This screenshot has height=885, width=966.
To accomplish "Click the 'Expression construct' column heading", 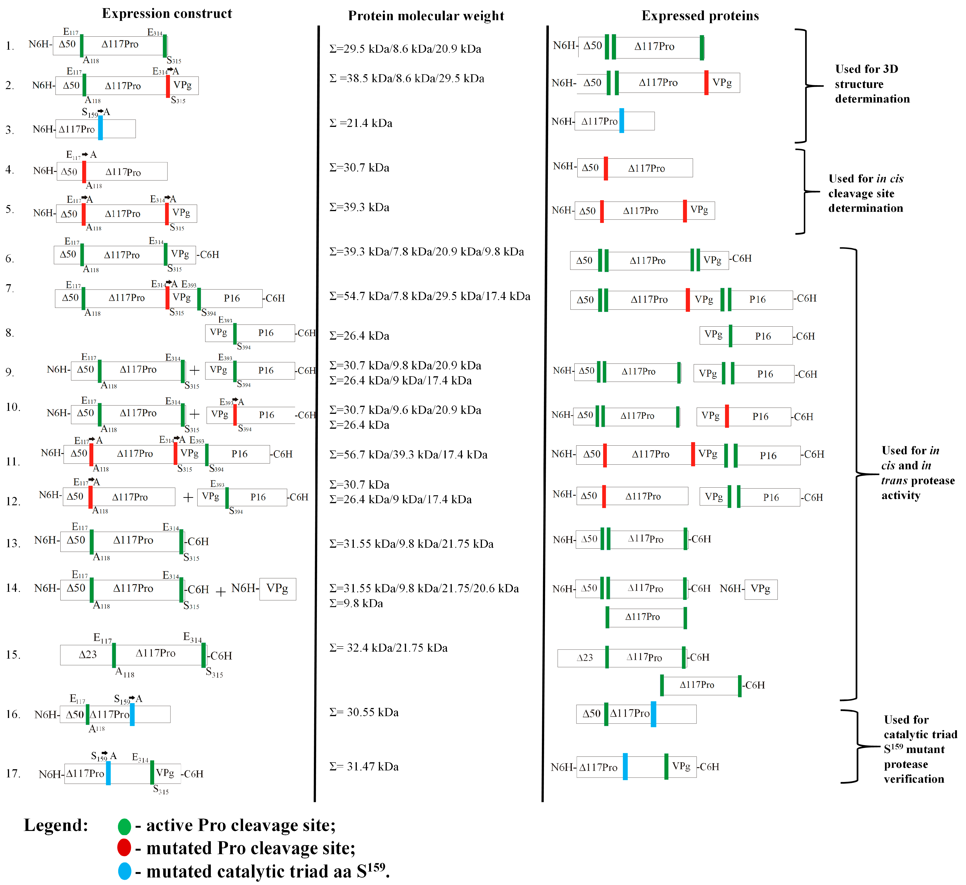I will [167, 13].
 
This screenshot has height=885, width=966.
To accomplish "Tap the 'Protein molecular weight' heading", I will [426, 16].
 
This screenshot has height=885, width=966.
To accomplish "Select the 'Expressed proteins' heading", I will [700, 16].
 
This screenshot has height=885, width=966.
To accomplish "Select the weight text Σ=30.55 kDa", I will [364, 712].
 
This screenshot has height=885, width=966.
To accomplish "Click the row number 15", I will [13, 655].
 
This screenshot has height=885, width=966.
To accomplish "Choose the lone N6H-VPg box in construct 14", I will [277, 589].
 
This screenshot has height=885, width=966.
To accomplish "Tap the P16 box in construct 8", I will [266, 333].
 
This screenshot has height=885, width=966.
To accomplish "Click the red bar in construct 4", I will [84, 171].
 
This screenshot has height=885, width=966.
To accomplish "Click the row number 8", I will [10, 333].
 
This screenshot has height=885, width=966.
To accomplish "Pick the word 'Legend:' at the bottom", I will [56, 825].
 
